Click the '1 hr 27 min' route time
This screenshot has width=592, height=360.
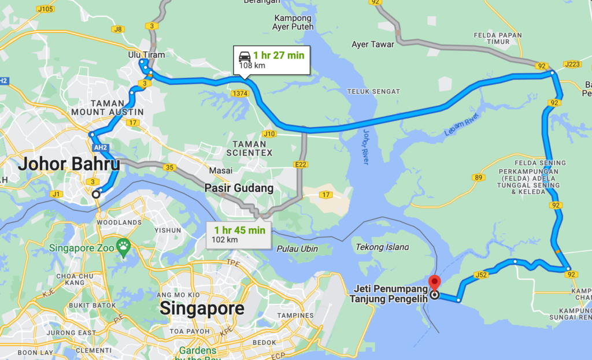pyautogui.click(x=279, y=55)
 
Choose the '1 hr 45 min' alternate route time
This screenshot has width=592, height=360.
pyautogui.click(x=239, y=230)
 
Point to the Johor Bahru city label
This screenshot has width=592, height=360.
pyautogui.click(x=69, y=164)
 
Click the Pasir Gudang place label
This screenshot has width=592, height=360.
pyautogui.click(x=239, y=188)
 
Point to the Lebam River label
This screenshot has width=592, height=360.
pyautogui.click(x=462, y=126)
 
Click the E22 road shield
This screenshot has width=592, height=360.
pyautogui.click(x=301, y=165)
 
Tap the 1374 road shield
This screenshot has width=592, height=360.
pyautogui.click(x=239, y=93)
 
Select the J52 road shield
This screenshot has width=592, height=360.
pyautogui.click(x=482, y=274)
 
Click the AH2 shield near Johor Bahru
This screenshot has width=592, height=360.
pyautogui.click(x=101, y=147)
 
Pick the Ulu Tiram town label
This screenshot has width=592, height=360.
pyautogui.click(x=146, y=55)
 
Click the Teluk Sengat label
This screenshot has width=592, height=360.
pyautogui.click(x=373, y=91)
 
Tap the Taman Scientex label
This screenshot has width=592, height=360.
pyautogui.click(x=249, y=148)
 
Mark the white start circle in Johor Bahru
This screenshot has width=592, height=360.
pyautogui.click(x=96, y=195)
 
